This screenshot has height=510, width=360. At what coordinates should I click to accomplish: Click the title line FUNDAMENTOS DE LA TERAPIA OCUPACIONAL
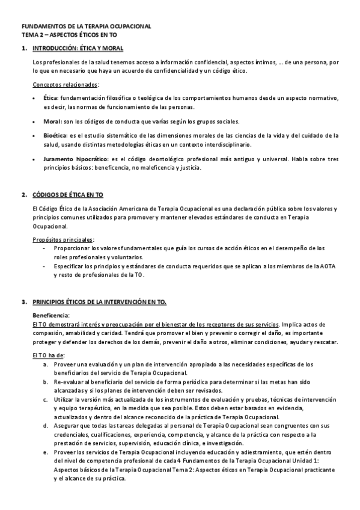click(87, 27)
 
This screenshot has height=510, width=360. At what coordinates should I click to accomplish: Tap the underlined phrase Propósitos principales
click(63, 239)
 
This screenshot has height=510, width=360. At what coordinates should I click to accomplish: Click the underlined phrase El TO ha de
click(48, 355)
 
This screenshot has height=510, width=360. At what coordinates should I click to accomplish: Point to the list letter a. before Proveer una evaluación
click(46, 364)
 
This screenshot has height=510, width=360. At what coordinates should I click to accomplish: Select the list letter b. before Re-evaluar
click(46, 381)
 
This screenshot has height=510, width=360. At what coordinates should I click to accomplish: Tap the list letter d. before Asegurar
click(46, 425)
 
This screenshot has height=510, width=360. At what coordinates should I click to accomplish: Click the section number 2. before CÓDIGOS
click(24, 195)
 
